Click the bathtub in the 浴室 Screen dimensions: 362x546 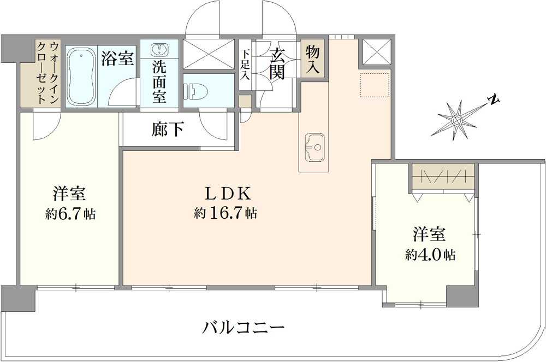click(82, 77)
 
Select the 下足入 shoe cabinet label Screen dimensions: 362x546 click(246, 65)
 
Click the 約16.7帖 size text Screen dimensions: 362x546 click(225, 213)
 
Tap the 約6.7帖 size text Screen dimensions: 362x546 click(70, 214)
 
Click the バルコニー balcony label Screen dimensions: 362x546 click(244, 329)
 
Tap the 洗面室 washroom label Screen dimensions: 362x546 click(159, 82)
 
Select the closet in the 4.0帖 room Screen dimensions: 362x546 click(443, 176)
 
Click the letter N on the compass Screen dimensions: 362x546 click(494, 100)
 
